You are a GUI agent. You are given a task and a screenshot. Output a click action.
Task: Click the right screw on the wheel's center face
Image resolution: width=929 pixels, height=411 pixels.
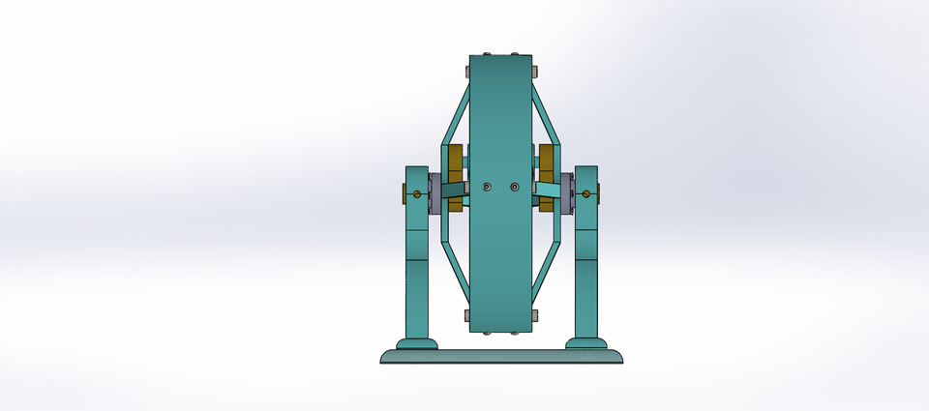click(x=514, y=187)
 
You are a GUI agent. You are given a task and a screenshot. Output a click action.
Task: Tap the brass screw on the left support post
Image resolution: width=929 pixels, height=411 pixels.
click(x=416, y=194)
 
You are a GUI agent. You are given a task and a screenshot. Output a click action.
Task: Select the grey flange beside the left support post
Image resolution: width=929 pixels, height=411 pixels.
click(x=435, y=194)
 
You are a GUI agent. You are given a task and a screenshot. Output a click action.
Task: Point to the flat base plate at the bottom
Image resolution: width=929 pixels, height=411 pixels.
click(x=500, y=356)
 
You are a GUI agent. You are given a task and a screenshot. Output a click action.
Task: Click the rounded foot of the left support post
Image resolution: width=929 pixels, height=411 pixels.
click(x=417, y=342)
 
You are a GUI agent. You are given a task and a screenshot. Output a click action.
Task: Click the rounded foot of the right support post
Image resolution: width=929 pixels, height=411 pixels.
click(x=585, y=342)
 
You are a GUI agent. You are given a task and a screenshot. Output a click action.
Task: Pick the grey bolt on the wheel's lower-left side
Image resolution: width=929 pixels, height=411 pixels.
click(x=466, y=315)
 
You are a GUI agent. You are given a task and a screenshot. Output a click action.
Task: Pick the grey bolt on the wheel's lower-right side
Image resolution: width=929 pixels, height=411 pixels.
click(x=535, y=315)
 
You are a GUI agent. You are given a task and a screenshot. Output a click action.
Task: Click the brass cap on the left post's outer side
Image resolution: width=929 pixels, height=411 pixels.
click(x=404, y=194)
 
